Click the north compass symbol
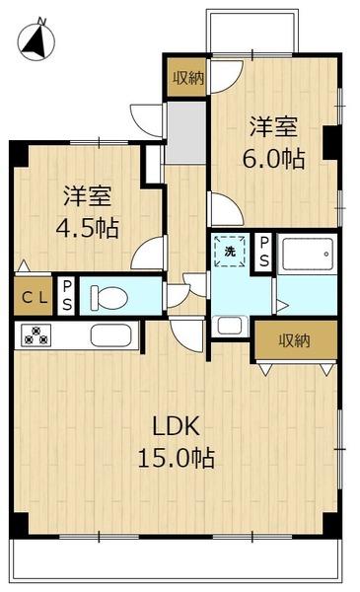(36, 39)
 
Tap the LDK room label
(176, 426)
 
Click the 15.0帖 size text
(177, 458)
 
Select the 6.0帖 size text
(273, 158)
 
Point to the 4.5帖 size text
(88, 228)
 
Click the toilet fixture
(108, 297)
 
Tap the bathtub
(307, 254)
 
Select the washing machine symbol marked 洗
(230, 251)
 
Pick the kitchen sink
(110, 335)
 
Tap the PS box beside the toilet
(67, 296)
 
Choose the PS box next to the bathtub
(264, 252)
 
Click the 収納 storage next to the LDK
(296, 340)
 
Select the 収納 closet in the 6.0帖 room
(187, 77)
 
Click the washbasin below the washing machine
(230, 326)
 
